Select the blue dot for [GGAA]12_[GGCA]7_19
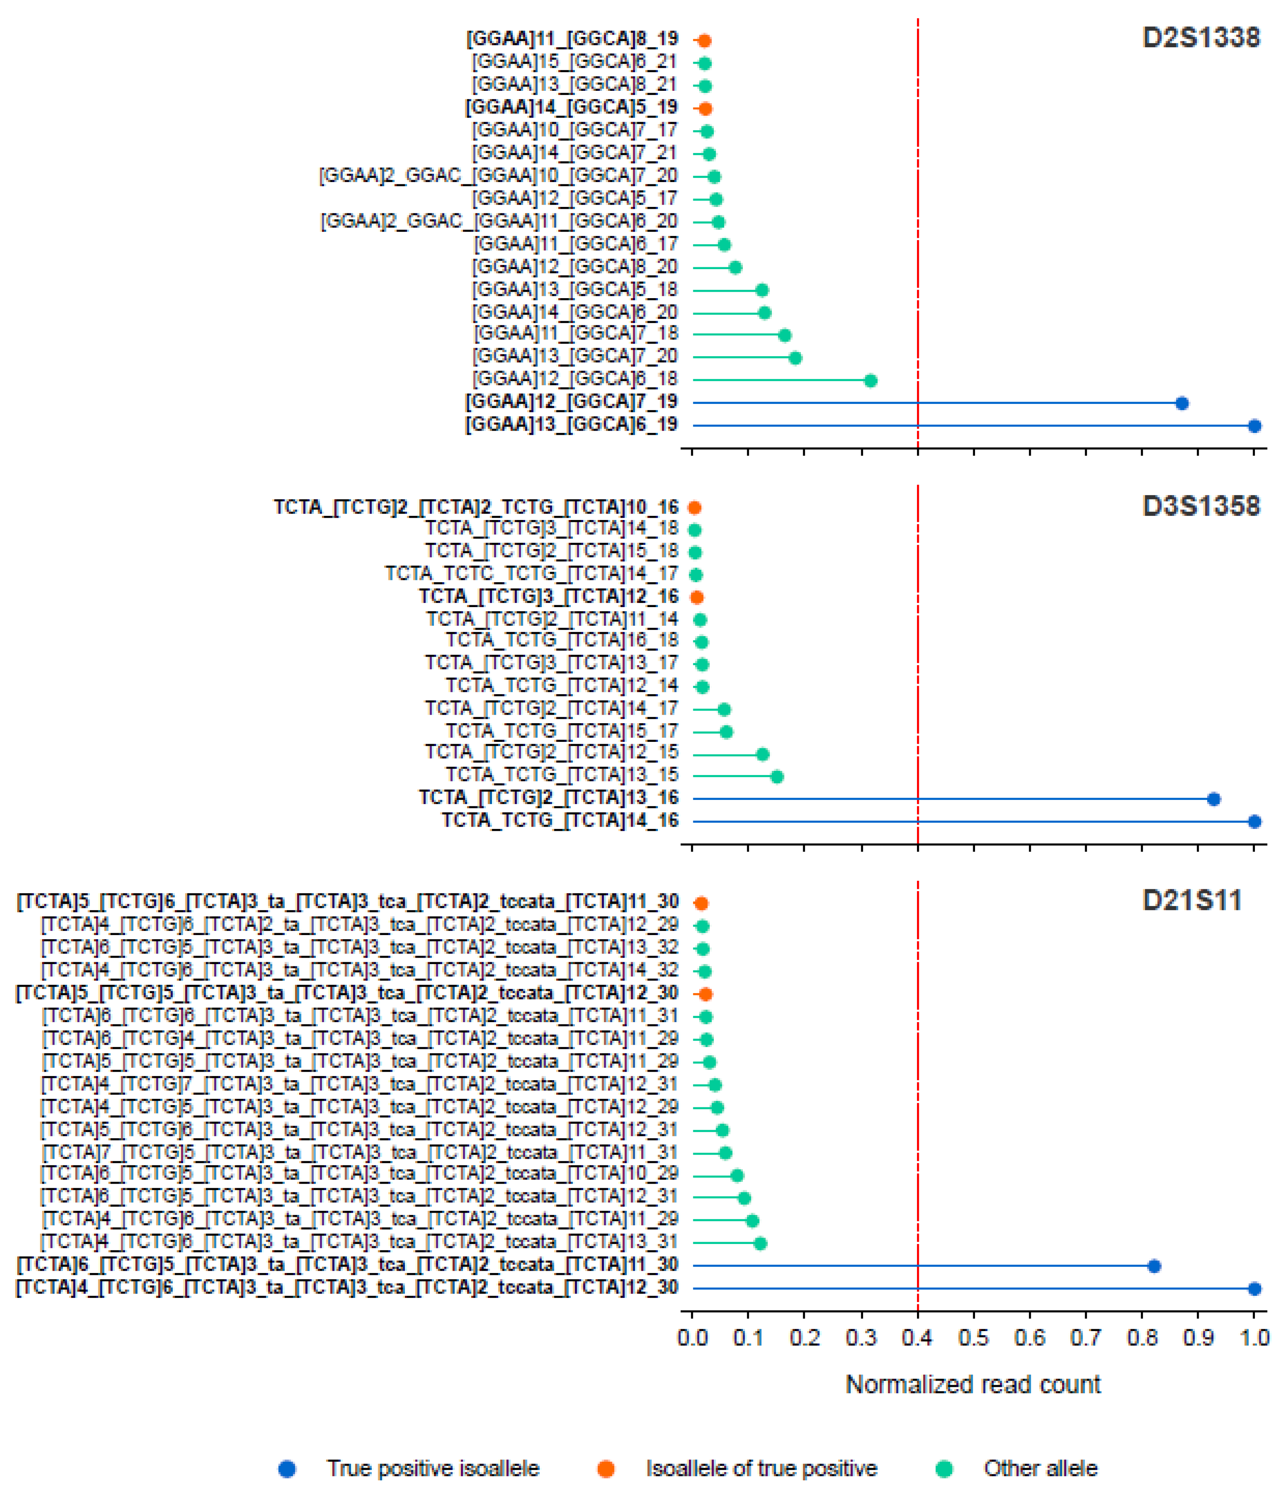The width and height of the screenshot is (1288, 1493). pos(1182,403)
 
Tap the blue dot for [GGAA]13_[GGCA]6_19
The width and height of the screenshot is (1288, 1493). pos(1254,426)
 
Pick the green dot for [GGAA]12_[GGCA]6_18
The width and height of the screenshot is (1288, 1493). pos(870,380)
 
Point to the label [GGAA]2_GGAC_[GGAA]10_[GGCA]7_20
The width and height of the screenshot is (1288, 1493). pos(498,176)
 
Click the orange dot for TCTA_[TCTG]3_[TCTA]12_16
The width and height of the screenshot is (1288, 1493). pos(697,597)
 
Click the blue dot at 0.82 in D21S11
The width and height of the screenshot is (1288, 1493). pos(1154,1266)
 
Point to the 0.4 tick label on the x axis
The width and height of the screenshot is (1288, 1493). pos(917,1338)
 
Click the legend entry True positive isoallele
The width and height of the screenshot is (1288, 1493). pos(432,1468)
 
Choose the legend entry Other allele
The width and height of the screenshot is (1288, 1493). pos(1039,1468)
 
